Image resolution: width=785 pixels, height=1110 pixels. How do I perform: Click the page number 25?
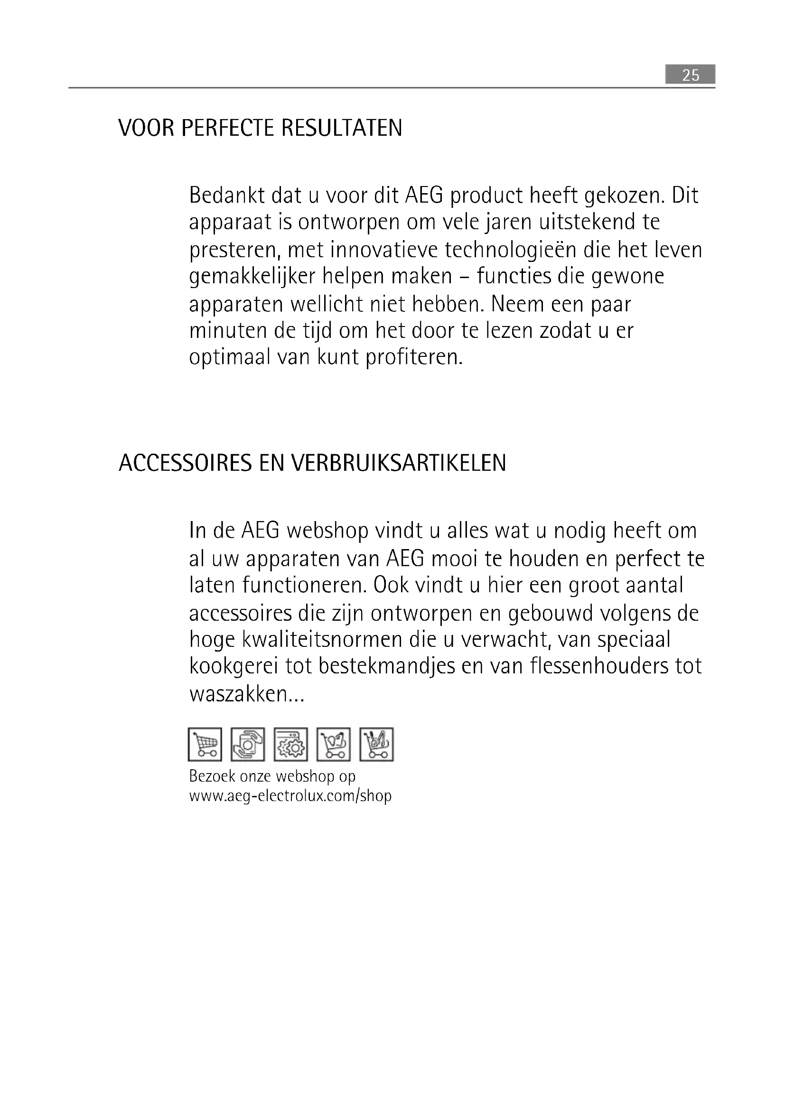point(690,75)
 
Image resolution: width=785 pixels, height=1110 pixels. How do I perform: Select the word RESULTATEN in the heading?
point(342,128)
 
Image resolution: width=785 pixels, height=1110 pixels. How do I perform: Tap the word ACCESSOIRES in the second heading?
point(185,463)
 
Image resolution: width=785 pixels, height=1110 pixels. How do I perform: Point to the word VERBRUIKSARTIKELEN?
point(398,463)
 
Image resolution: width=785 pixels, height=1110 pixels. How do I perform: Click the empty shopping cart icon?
point(205,745)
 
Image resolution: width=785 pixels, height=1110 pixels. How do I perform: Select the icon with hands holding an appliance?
point(247,745)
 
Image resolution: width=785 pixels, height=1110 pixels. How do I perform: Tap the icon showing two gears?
point(290,745)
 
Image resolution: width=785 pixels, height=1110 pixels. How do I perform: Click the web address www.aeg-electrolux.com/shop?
point(290,796)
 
